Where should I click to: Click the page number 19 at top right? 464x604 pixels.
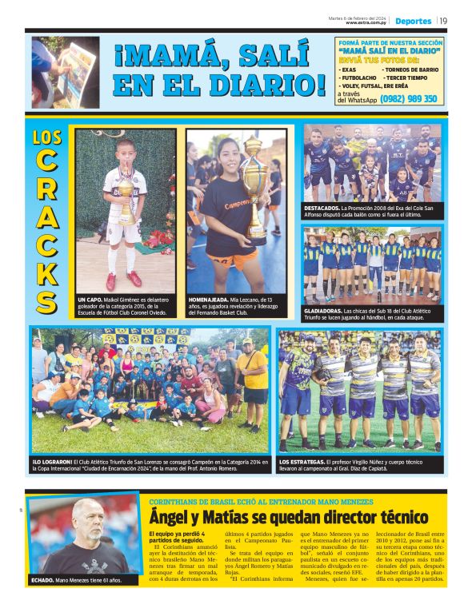(443, 21)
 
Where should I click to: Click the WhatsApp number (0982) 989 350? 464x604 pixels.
(409, 99)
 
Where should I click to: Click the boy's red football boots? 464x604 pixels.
(122, 280)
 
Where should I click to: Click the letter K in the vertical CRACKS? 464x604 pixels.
(47, 272)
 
